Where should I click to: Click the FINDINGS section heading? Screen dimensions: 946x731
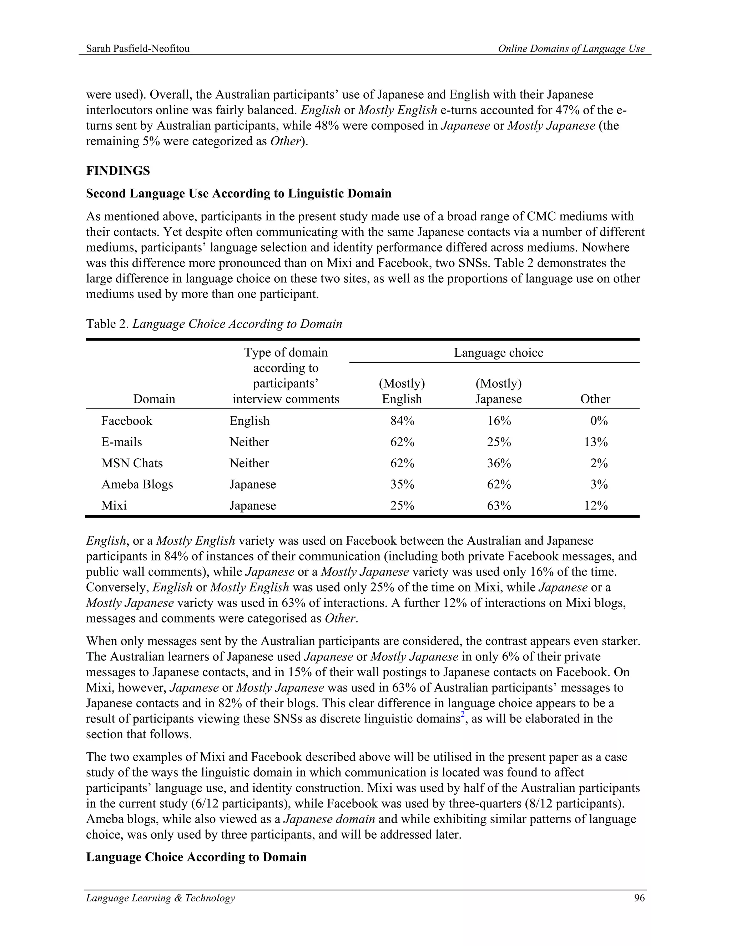click(x=118, y=171)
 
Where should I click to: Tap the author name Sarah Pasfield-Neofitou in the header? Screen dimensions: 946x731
click(x=138, y=49)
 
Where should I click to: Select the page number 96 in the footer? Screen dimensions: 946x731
click(x=639, y=898)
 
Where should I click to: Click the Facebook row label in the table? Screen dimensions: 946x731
click(x=126, y=421)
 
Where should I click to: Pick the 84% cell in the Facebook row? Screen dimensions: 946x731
click(x=402, y=421)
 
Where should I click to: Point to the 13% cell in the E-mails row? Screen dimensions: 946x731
click(x=595, y=442)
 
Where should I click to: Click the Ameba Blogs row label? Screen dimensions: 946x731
click(x=137, y=484)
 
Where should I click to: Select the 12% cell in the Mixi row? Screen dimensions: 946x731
click(x=595, y=505)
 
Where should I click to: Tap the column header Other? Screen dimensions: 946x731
click(x=595, y=399)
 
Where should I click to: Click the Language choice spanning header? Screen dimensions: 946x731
click(x=498, y=353)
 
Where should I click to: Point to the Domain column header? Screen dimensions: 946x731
click(x=154, y=399)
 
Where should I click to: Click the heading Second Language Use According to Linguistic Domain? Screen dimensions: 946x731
click(x=239, y=193)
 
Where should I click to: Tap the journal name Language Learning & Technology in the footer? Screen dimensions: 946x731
click(x=160, y=898)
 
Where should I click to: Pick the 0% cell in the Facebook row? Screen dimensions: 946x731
click(x=599, y=421)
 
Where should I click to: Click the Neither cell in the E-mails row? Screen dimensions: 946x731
click(x=249, y=442)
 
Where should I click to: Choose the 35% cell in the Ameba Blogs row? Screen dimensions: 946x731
click(x=402, y=484)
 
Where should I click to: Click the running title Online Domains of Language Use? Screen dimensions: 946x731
click(x=571, y=49)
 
